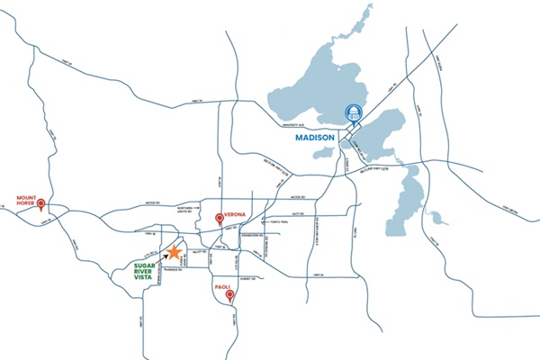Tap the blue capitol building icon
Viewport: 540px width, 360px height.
352,114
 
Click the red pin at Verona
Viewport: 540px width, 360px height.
219,219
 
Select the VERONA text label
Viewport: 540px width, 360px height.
235,217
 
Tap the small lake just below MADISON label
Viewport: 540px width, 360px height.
324,154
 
